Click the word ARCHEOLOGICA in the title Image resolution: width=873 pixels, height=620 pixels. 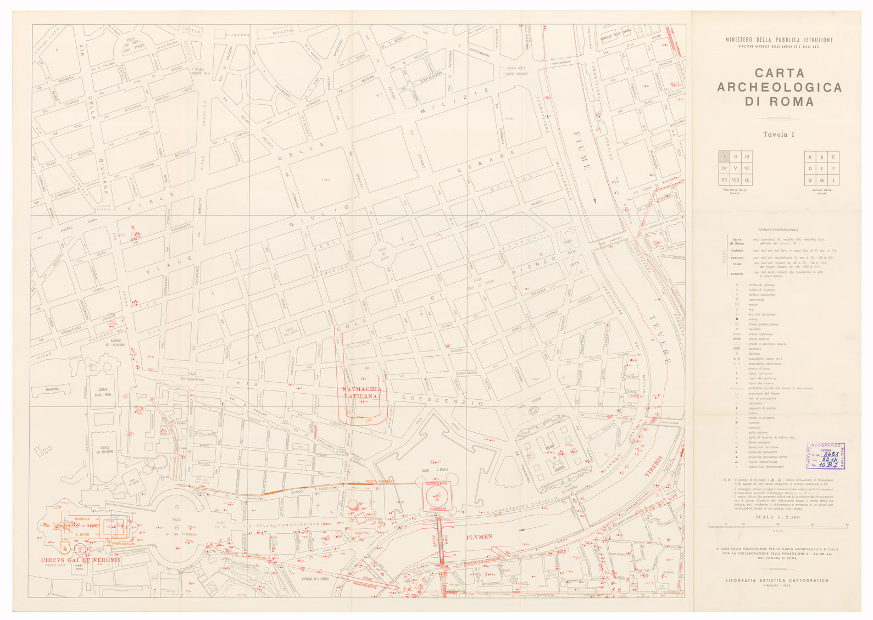pyautogui.click(x=779, y=87)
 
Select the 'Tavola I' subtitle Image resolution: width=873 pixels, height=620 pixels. pyautogui.click(x=779, y=135)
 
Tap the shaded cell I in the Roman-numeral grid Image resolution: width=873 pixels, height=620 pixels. pyautogui.click(x=724, y=157)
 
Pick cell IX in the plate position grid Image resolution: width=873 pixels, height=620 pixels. pyautogui.click(x=747, y=180)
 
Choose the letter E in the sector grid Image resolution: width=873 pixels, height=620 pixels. pyautogui.click(x=821, y=169)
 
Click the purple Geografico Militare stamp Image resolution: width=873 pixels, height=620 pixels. pyautogui.click(x=825, y=456)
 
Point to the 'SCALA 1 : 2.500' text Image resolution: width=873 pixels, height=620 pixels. pyautogui.click(x=777, y=517)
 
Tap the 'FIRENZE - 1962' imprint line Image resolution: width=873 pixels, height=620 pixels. pyautogui.click(x=777, y=586)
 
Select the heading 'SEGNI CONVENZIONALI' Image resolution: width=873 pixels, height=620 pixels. pyautogui.click(x=778, y=230)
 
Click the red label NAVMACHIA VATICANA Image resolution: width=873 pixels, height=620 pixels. pyautogui.click(x=361, y=393)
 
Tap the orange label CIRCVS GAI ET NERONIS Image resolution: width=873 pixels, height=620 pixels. pyautogui.click(x=80, y=560)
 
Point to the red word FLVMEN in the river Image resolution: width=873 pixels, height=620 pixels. pyautogui.click(x=479, y=537)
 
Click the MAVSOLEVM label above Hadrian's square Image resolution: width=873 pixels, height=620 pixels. pyautogui.click(x=437, y=484)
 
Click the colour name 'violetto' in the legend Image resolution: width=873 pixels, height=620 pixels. pyautogui.click(x=737, y=250)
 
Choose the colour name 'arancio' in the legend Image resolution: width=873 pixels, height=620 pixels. pyautogui.click(x=737, y=273)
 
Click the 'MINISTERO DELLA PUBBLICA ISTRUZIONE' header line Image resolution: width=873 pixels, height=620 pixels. pyautogui.click(x=779, y=40)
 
